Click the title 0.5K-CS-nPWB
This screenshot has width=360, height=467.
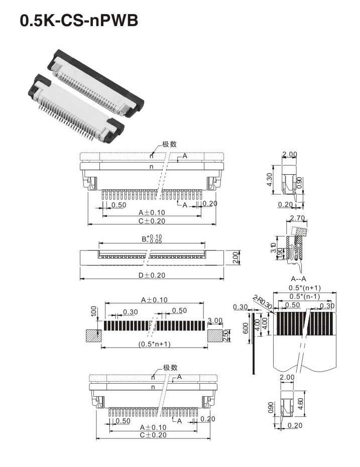[79, 21]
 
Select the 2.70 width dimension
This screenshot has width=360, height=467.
[297, 218]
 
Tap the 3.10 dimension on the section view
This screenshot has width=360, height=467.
[273, 248]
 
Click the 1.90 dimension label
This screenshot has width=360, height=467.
[280, 253]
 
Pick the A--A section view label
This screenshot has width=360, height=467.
[298, 279]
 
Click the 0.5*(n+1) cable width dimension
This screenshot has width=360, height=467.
[305, 288]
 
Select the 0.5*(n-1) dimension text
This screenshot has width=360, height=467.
[305, 296]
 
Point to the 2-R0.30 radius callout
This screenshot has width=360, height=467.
[262, 302]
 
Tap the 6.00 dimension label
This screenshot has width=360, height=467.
[246, 328]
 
